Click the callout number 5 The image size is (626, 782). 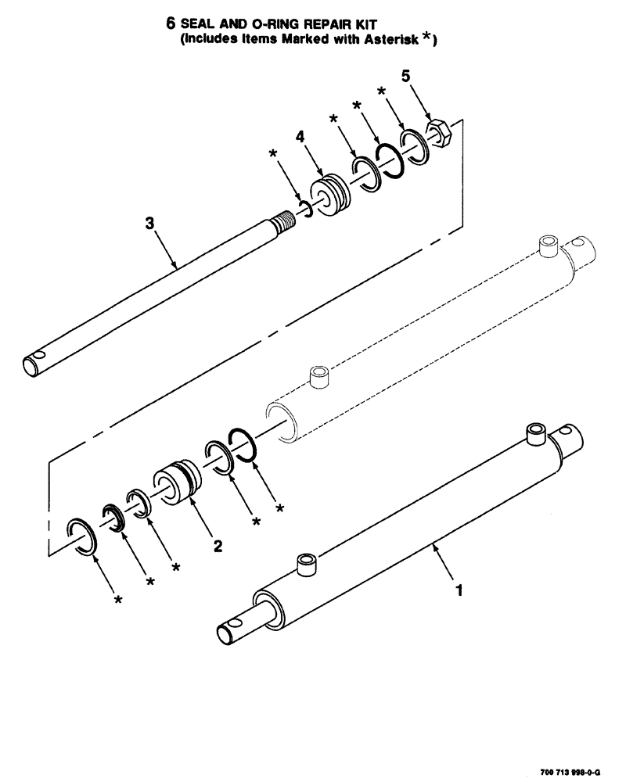405,76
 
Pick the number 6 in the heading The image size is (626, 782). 171,23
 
